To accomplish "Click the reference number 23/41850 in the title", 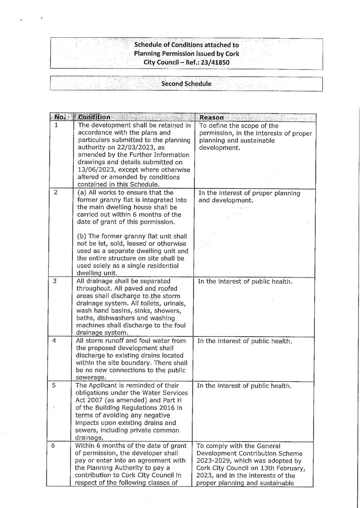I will pos(214,62).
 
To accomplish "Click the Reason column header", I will pos(212,117).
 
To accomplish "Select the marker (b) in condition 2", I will pos(83,237).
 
